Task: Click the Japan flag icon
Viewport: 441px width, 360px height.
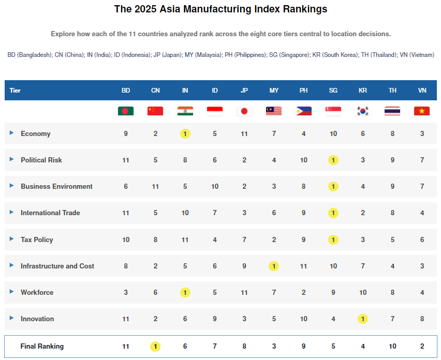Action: tap(244, 111)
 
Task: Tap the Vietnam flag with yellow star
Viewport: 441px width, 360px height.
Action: tap(422, 111)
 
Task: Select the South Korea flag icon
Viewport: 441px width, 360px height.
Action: tap(363, 111)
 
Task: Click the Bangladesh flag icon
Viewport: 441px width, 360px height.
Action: tap(126, 111)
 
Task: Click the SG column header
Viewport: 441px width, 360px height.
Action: tap(333, 91)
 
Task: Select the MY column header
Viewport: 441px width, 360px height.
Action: tap(274, 91)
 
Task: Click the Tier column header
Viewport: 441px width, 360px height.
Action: tap(15, 91)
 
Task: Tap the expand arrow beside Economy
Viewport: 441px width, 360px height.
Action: tap(12, 133)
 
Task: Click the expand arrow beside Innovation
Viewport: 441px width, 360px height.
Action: tap(12, 318)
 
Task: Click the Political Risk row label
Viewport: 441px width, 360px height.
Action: tap(41, 160)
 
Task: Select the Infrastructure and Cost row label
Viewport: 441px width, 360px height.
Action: tap(57, 266)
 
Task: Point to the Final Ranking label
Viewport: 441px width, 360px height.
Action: tap(42, 346)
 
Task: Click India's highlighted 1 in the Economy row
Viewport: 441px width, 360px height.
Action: tap(185, 133)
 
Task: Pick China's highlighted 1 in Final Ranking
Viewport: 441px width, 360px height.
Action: tap(155, 346)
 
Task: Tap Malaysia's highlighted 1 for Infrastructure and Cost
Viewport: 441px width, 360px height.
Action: tap(274, 266)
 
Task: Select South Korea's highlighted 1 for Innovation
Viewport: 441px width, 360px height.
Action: tap(363, 319)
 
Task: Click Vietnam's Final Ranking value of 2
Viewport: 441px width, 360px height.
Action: tap(422, 346)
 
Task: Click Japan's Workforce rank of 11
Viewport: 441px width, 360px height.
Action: tap(244, 292)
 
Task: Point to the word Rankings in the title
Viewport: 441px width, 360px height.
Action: tap(303, 9)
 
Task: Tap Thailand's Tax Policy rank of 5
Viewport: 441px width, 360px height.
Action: tap(392, 239)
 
